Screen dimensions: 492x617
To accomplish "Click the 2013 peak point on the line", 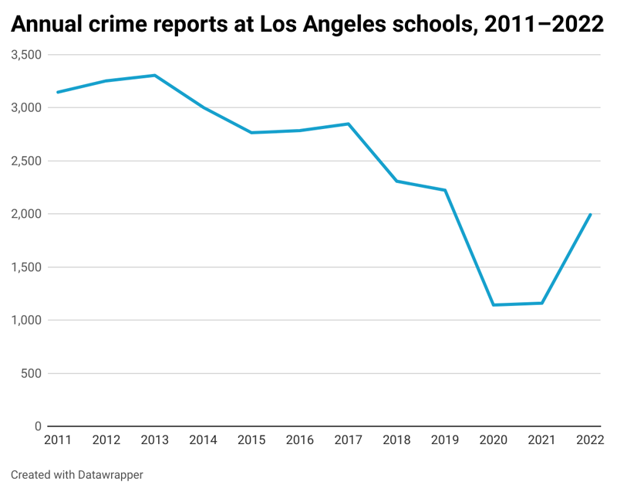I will point(155,76).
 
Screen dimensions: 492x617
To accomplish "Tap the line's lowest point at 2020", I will point(494,305).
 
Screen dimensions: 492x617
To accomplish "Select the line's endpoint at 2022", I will point(591,214).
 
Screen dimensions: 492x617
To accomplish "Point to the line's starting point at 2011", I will point(58,92).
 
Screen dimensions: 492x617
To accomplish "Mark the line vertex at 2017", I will point(349,124).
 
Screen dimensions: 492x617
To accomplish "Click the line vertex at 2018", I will point(396,181).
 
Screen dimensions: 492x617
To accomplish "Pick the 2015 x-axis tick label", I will point(251,440).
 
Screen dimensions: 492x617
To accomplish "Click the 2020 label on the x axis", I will point(494,440).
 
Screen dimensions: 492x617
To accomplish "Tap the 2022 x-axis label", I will point(590,440).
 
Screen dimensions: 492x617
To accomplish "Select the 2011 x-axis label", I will point(58,440).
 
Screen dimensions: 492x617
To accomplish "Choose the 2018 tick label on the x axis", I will point(396,440).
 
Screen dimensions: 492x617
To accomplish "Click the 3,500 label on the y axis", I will point(26,55).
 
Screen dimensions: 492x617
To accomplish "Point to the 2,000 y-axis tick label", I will point(26,214).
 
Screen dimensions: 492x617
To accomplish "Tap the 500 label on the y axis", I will point(31,374).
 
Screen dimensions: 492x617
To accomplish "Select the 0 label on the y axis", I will point(38,426).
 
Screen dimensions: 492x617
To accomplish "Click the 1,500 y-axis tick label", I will point(26,267).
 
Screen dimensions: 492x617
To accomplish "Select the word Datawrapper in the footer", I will point(110,475).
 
